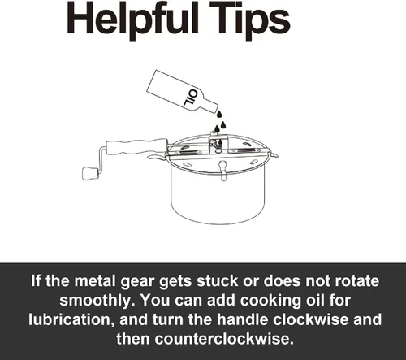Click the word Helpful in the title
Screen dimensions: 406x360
click(x=133, y=21)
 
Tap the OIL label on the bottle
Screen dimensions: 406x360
click(x=191, y=98)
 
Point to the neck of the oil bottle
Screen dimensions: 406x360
click(x=210, y=108)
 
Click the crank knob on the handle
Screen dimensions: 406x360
click(x=90, y=173)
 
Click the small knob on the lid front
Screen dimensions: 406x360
click(x=222, y=170)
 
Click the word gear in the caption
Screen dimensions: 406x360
click(x=137, y=282)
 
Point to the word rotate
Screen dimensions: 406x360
click(x=356, y=281)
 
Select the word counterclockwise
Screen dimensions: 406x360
click(x=224, y=339)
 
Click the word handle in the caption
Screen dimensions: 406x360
click(x=243, y=319)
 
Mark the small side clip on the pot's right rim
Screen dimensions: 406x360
click(x=274, y=155)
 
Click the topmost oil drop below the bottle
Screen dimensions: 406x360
click(x=219, y=114)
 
